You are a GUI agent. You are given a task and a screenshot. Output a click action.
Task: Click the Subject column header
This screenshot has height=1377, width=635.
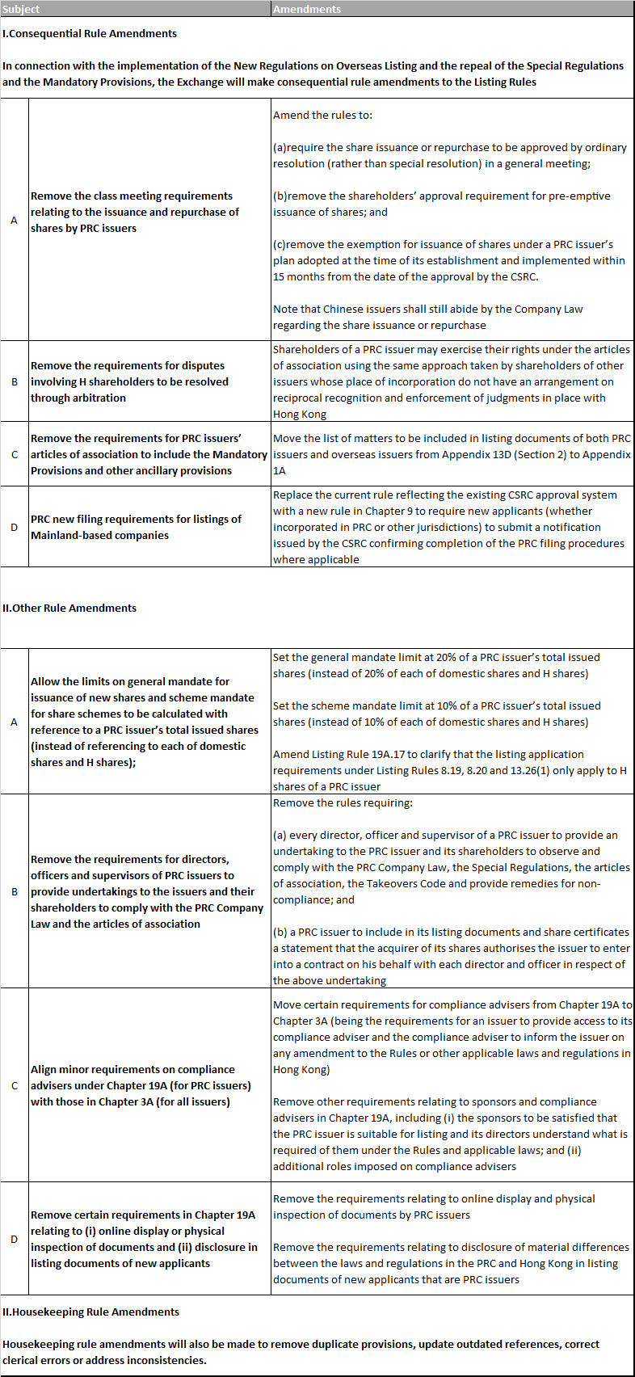click(21, 9)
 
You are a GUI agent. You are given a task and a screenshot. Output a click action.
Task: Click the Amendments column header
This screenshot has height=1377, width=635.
click(307, 9)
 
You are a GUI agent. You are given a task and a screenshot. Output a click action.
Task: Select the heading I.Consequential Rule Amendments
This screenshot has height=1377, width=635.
click(90, 33)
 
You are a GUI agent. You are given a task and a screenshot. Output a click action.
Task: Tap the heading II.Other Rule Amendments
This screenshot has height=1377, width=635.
click(69, 608)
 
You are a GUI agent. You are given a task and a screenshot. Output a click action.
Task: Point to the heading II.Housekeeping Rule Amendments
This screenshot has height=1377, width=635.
click(90, 1312)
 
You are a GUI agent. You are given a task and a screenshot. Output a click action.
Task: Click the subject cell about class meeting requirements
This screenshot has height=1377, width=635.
click(135, 212)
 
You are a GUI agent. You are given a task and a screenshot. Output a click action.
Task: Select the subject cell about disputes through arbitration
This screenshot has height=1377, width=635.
click(129, 381)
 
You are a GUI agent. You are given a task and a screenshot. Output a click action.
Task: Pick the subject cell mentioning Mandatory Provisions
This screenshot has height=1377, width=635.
click(149, 454)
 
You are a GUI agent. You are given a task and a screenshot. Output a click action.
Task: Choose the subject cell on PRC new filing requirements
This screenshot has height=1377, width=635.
click(136, 527)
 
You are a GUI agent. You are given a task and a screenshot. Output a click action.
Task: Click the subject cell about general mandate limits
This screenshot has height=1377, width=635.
click(145, 722)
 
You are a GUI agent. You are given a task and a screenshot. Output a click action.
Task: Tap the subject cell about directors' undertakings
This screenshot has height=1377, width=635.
click(147, 891)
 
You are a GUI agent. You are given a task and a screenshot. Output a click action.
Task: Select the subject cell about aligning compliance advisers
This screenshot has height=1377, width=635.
click(141, 1085)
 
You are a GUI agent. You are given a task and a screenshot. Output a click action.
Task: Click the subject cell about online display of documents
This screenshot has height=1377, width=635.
click(144, 1239)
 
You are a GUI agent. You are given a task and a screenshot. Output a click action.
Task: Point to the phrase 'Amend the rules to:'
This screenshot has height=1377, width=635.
click(323, 115)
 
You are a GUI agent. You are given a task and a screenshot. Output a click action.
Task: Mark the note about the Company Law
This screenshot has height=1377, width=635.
click(428, 317)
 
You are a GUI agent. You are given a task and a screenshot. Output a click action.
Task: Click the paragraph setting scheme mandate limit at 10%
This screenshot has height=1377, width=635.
click(437, 714)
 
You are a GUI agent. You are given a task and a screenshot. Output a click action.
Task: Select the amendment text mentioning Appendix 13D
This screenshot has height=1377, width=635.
click(452, 454)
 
